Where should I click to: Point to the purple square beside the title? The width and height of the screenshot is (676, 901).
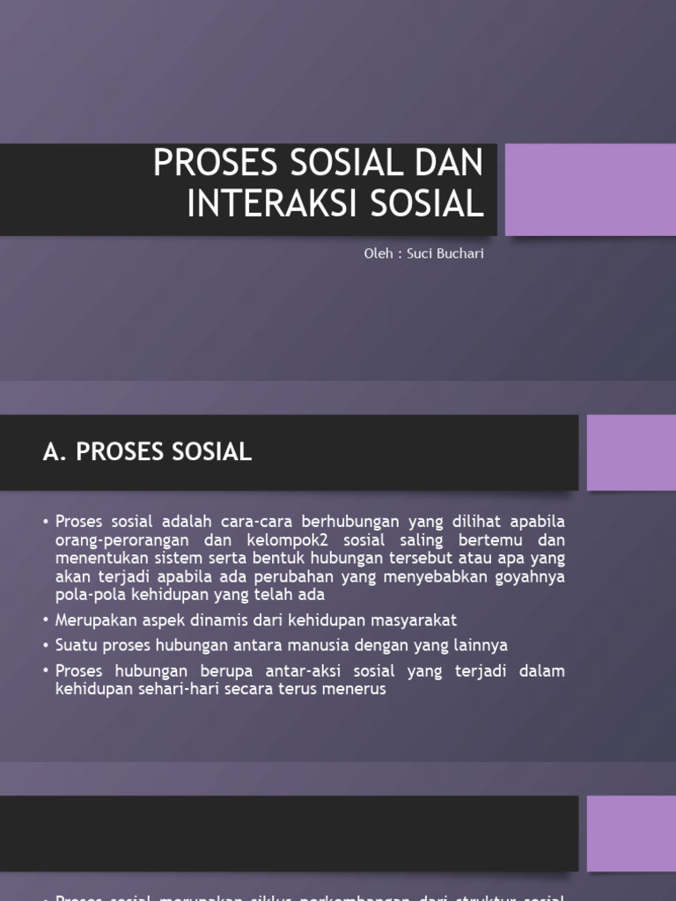[x=590, y=190]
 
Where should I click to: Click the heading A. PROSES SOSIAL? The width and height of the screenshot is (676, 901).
[x=147, y=452]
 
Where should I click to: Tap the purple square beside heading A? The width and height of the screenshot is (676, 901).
[x=630, y=452]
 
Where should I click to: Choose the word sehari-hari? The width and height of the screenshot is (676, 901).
[x=173, y=690]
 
